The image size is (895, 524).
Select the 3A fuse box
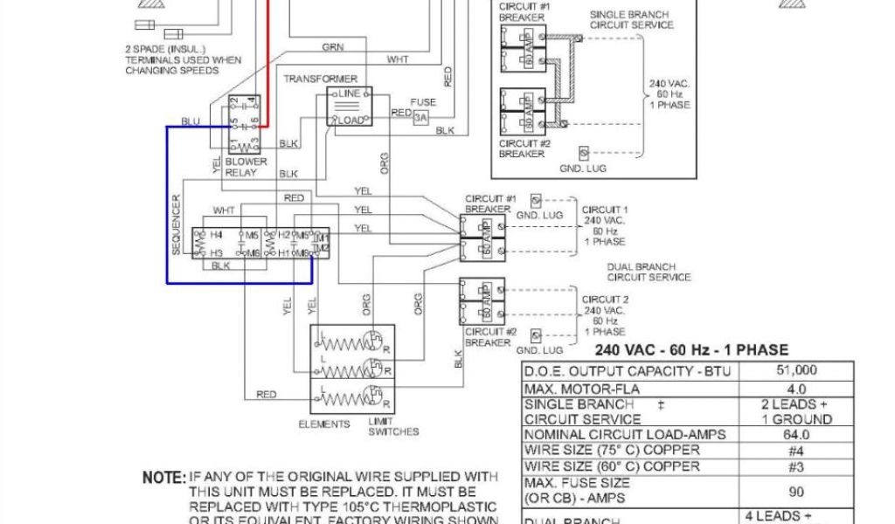pyautogui.click(x=422, y=117)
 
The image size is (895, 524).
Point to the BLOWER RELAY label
pyautogui.click(x=246, y=168)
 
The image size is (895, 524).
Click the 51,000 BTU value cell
pyautogui.click(x=796, y=370)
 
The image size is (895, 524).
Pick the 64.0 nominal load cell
pyautogui.click(x=796, y=435)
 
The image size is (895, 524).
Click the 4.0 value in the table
pyautogui.click(x=796, y=387)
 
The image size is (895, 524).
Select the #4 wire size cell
pyautogui.click(x=796, y=451)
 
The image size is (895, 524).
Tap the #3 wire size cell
pyautogui.click(x=796, y=467)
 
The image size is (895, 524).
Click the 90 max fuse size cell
pyautogui.click(x=796, y=491)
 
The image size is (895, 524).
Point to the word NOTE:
pyautogui.click(x=164, y=479)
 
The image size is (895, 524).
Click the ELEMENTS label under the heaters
pyautogui.click(x=324, y=424)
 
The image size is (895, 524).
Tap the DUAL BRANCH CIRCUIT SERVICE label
pyautogui.click(x=649, y=272)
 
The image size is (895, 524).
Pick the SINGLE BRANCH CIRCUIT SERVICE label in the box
pyautogui.click(x=631, y=20)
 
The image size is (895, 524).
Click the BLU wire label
pyautogui.click(x=190, y=121)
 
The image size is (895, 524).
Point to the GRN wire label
pyautogui.click(x=332, y=47)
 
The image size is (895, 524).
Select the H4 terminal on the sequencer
pyautogui.click(x=216, y=236)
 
